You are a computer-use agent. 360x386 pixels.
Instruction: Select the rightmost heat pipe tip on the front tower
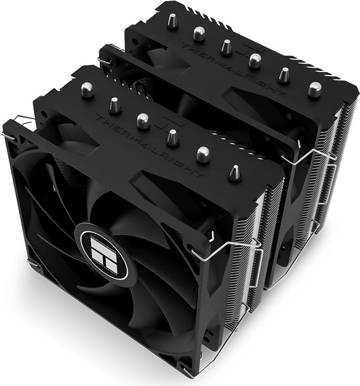tap(235, 172)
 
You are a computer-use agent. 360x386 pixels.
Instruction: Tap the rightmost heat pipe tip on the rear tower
tap(314, 90)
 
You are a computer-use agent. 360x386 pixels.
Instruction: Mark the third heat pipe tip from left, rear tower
tap(226, 47)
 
